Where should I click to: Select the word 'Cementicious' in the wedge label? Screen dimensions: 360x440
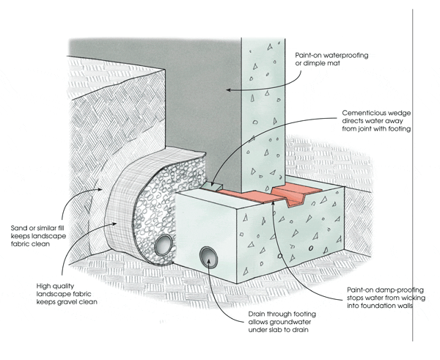364,114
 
